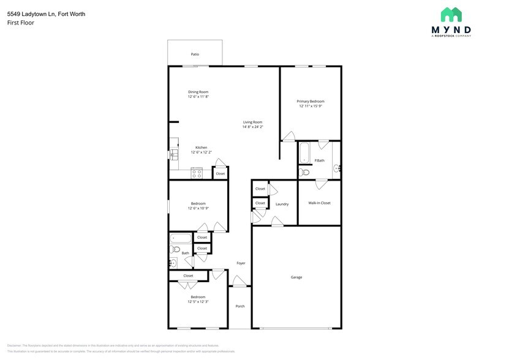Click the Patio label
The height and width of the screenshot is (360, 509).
[195, 54]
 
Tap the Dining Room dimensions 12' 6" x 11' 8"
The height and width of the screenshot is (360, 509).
[198, 97]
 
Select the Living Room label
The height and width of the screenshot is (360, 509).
[252, 122]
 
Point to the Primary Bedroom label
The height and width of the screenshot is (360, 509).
[311, 101]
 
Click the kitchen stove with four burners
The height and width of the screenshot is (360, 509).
[197, 173]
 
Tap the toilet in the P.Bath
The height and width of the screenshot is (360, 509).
[305, 173]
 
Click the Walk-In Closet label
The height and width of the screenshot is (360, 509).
[319, 203]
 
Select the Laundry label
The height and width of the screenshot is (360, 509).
[282, 204]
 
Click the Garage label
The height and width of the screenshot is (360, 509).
[296, 277]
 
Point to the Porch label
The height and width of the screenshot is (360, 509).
[240, 306]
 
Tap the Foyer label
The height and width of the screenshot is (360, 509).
[241, 263]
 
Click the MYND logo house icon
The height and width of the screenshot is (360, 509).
[451, 15]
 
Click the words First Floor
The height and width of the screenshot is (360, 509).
[21, 23]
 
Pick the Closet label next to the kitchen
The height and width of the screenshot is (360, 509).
[220, 173]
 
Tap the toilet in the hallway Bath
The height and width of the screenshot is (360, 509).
[175, 250]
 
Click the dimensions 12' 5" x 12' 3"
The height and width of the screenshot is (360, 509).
[198, 302]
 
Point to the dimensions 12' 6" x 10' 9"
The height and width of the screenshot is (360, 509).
[198, 208]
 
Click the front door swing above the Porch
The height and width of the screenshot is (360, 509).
[239, 282]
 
